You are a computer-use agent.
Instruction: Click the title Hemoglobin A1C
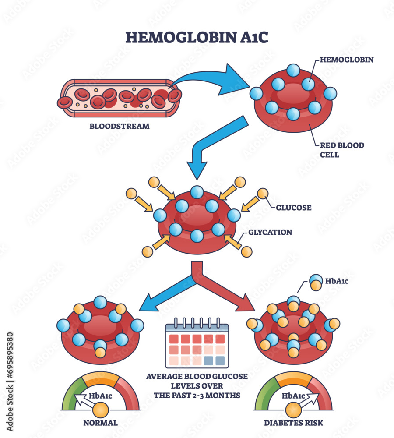pos(197,37)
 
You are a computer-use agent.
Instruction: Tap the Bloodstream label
pos(119,127)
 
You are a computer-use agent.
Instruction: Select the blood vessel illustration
pos(119,99)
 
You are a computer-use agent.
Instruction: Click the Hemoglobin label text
pos(346,60)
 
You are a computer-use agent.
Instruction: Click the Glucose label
pos(293,208)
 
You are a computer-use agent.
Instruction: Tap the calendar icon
pos(197,344)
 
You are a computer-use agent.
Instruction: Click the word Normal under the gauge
pos(101,423)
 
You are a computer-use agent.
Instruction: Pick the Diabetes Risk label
pos(294,423)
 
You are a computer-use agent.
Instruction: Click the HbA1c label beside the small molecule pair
pos(336,281)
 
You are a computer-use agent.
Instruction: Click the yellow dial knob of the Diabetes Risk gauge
pos(293,410)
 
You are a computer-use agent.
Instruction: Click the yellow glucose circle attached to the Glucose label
pos(262,194)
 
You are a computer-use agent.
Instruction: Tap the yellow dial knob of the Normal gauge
pos(101,410)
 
